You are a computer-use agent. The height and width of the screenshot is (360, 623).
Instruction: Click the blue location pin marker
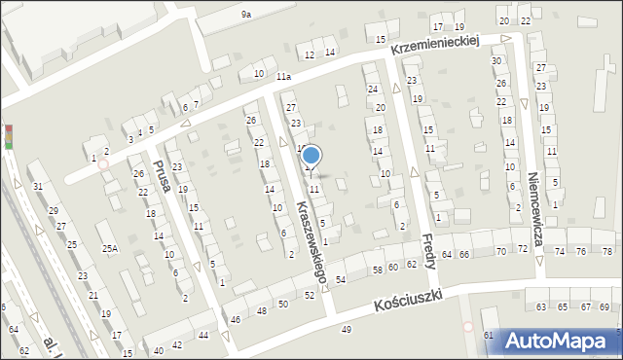(311, 157)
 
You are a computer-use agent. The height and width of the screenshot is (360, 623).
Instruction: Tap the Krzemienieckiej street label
(437, 43)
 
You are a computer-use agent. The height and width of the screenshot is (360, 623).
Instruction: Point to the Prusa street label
(161, 175)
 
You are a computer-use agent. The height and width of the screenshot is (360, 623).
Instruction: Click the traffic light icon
(9, 136)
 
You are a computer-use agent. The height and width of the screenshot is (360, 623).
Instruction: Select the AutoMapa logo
(561, 341)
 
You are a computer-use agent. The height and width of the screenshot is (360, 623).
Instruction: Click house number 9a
(246, 15)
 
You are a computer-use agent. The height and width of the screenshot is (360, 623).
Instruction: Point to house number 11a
(283, 77)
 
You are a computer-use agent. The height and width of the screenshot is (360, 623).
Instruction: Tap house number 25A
(110, 249)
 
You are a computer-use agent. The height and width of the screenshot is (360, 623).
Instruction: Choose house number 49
(347, 331)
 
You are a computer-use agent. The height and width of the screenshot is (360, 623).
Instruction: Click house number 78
(607, 251)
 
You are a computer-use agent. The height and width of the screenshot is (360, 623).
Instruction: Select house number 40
(159, 349)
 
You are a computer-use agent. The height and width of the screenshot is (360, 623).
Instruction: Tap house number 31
(37, 187)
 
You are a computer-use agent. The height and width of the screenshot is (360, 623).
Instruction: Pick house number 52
(309, 295)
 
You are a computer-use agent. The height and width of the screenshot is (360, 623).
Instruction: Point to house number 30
(495, 61)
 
